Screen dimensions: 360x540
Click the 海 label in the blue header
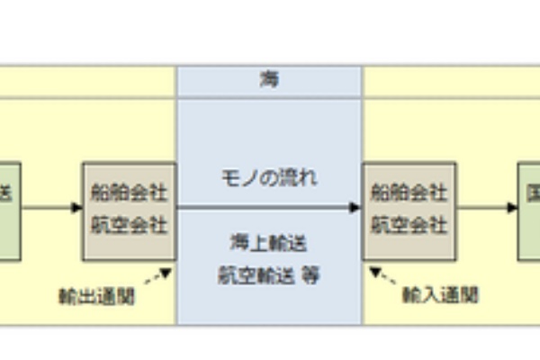coord(269,80)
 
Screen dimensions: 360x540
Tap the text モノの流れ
coord(269,177)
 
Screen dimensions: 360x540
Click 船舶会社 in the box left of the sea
coord(129,193)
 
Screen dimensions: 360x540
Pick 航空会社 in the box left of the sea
coord(129,224)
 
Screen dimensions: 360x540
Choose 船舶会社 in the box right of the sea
coord(409,193)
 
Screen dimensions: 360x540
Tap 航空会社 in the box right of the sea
coord(409,224)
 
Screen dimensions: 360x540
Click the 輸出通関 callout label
coord(96,296)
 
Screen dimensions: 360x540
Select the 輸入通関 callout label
coord(440,294)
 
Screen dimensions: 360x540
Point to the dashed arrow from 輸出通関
coord(158,275)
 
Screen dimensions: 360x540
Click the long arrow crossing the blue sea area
coord(269,208)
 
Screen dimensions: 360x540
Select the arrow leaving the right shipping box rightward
coord(487,208)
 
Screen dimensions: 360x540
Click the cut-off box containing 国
coord(529,211)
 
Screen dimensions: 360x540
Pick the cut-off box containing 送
coord(9,211)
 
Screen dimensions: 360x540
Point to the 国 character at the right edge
coord(534,193)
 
